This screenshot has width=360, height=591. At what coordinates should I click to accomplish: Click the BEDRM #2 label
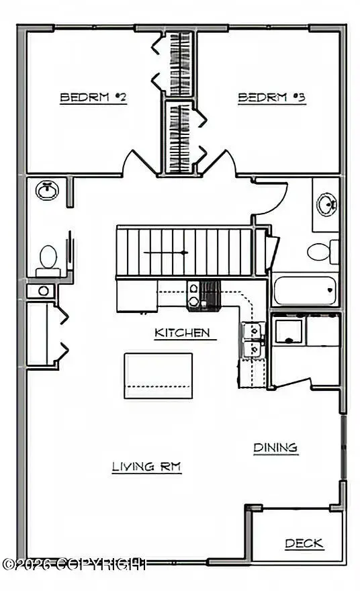click(93, 97)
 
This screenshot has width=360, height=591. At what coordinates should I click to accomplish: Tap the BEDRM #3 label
click(271, 97)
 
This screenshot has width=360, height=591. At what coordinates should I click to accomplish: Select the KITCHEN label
click(183, 333)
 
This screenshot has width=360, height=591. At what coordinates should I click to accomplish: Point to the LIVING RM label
click(146, 467)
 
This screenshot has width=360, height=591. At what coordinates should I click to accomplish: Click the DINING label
click(275, 448)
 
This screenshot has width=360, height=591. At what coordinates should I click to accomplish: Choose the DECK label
click(304, 543)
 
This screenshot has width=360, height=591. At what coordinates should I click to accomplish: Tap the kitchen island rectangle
click(159, 376)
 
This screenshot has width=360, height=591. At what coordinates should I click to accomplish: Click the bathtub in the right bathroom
click(304, 290)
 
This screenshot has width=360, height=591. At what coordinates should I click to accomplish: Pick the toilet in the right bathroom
click(323, 252)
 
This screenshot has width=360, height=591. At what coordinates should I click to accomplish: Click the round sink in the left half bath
click(47, 190)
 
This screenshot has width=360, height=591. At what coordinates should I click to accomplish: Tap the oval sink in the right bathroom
click(326, 204)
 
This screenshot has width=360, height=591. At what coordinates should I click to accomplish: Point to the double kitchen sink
click(254, 340)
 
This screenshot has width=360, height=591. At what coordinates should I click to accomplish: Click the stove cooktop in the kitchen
click(204, 296)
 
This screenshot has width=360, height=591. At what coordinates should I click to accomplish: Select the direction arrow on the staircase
click(166, 253)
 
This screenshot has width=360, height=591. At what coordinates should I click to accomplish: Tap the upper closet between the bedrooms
click(179, 63)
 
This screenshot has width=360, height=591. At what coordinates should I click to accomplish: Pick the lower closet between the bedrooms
click(179, 137)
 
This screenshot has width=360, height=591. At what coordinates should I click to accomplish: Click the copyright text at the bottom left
click(74, 564)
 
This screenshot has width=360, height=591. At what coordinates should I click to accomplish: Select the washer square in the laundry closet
click(288, 331)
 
